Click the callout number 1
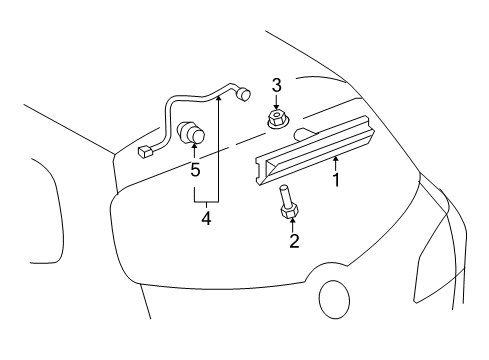(x=337, y=181)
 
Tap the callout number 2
(x=294, y=240)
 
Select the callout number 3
(x=277, y=86)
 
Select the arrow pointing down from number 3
(x=277, y=104)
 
